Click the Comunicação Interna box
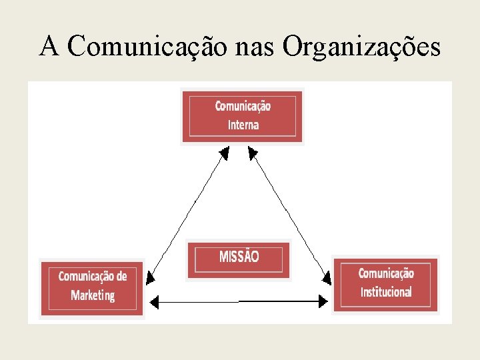click(x=243, y=115)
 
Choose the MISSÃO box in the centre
click(x=239, y=259)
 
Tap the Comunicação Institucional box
click(x=385, y=284)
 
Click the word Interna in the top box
click(x=243, y=125)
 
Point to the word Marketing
click(x=92, y=295)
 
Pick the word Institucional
click(x=385, y=292)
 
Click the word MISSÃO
click(x=239, y=257)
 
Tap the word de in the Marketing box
click(x=121, y=277)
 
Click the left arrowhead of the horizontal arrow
click(x=155, y=303)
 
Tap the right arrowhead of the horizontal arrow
click(x=323, y=302)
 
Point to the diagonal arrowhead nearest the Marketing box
click(x=150, y=277)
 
